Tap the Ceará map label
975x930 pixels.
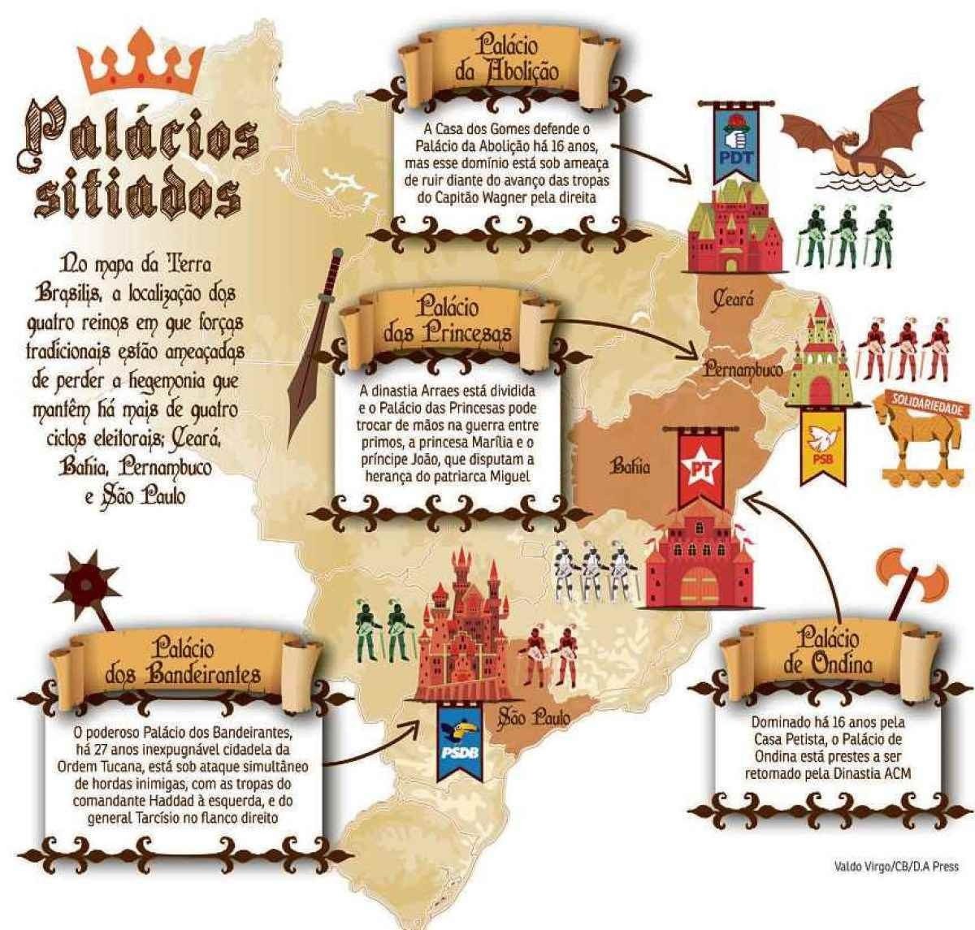pyautogui.click(x=733, y=301)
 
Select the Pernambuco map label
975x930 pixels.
pyautogui.click(x=743, y=370)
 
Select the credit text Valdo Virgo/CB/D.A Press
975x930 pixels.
pyautogui.click(x=895, y=867)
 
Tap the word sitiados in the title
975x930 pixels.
pyautogui.click(x=138, y=195)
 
